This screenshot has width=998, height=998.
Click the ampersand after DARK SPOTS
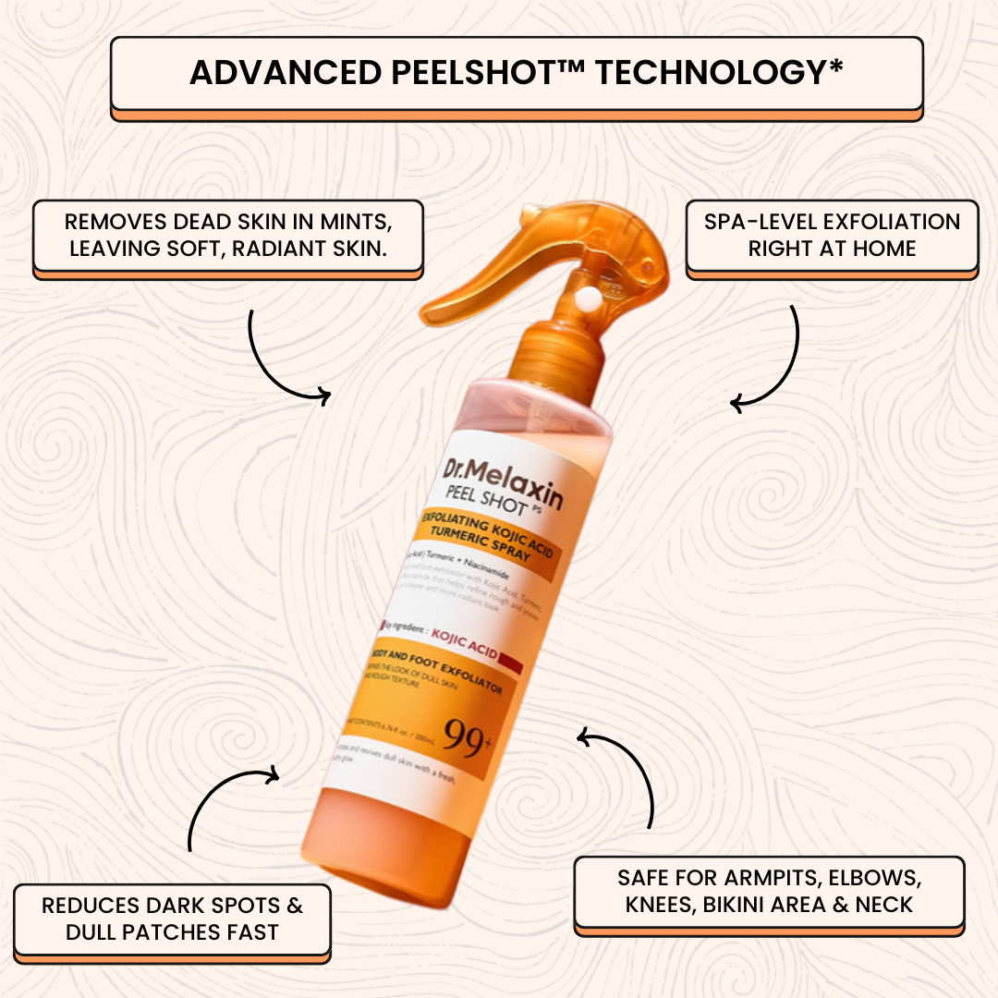tap(294, 906)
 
